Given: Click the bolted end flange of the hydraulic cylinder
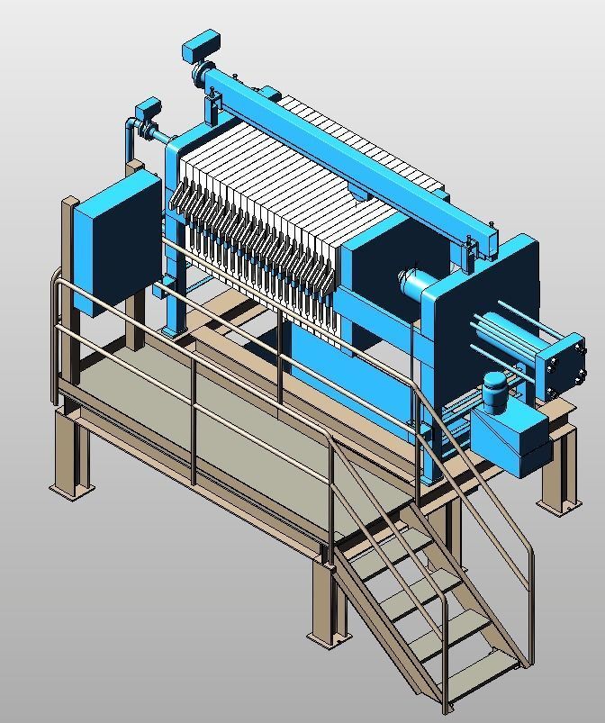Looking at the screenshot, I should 562,364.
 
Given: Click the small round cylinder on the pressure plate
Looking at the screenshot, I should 414,284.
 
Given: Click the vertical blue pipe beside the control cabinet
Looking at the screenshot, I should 129,149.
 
